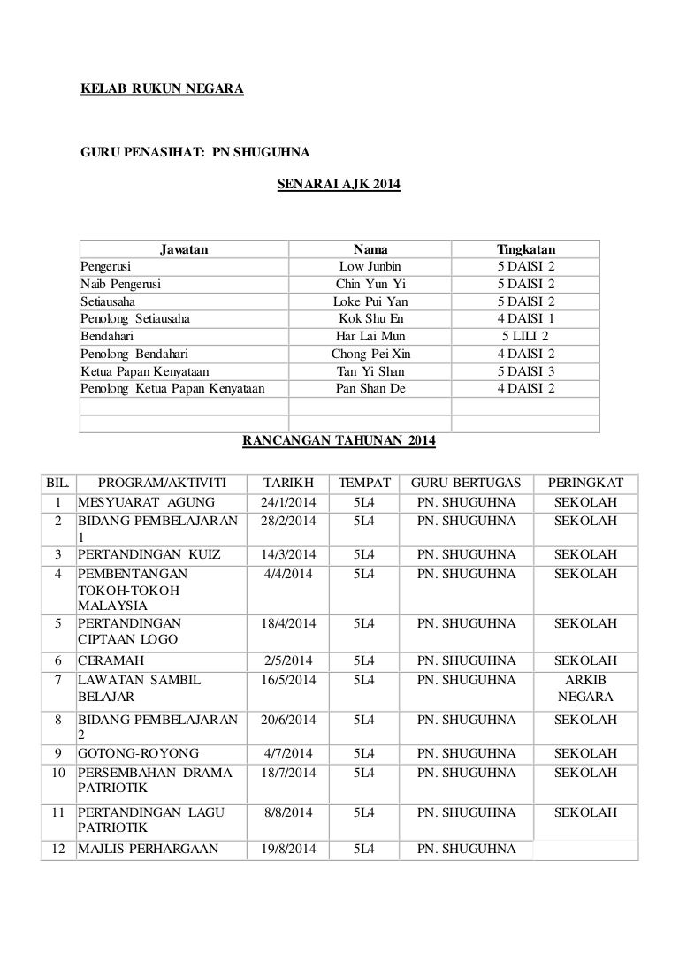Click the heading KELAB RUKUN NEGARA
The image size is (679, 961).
tap(163, 89)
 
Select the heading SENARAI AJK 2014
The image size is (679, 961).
tap(339, 185)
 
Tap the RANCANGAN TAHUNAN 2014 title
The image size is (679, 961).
tap(339, 440)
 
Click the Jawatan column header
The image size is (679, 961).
tap(184, 249)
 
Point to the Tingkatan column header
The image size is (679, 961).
tap(526, 249)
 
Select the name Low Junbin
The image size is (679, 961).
tap(370, 266)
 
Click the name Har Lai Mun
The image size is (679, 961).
tap(370, 336)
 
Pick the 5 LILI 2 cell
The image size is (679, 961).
tap(526, 336)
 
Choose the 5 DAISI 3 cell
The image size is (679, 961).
tap(526, 370)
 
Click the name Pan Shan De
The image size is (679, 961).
tap(370, 388)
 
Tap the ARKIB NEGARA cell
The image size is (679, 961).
tap(585, 689)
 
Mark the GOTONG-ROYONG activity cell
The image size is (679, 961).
tap(138, 753)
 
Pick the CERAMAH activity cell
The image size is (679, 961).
tap(111, 660)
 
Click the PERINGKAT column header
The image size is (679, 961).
tap(585, 483)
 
